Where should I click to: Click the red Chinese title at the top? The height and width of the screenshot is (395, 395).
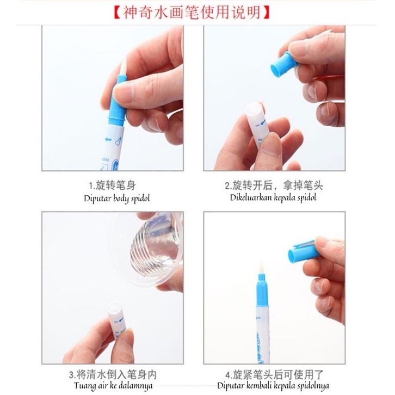pos(192,12)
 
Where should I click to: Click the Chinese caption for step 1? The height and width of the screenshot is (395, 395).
pos(113,186)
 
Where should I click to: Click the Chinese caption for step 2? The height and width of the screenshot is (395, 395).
pos(274,186)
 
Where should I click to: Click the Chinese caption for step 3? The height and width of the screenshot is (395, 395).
pos(113,375)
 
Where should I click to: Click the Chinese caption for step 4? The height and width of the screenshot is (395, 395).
pos(274,375)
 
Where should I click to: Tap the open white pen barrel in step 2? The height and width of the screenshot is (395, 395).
pos(256,125)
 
